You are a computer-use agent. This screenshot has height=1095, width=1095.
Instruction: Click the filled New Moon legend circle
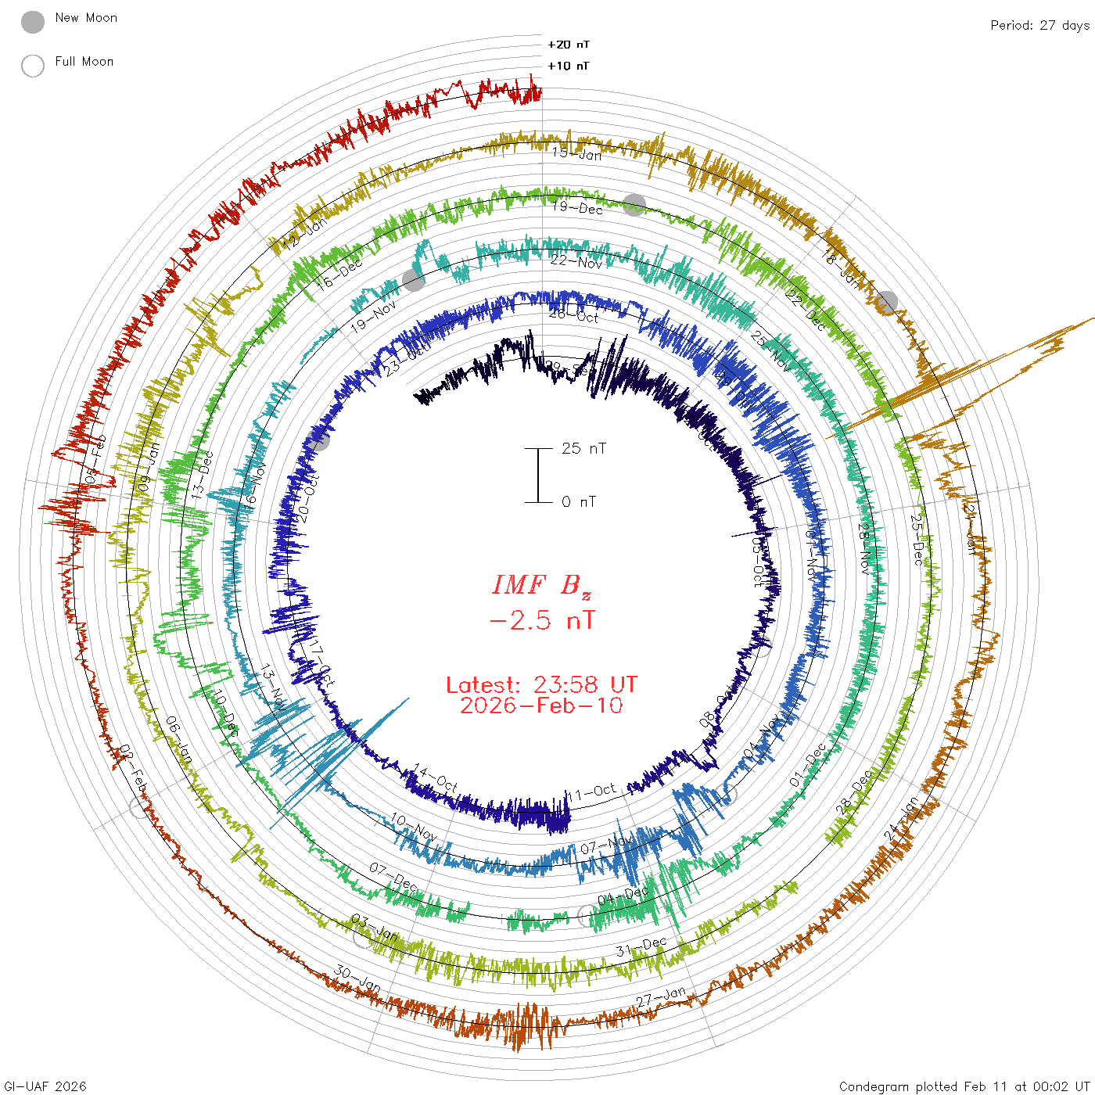33,22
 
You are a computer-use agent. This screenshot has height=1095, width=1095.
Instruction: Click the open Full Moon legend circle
33,66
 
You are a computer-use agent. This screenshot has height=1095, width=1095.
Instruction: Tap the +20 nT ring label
569,45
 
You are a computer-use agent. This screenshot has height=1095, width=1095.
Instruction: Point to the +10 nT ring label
569,66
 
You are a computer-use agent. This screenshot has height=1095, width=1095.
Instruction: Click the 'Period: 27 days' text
1039,25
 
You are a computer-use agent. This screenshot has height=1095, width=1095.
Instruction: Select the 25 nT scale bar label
583,448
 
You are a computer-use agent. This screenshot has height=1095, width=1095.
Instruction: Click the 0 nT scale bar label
579,501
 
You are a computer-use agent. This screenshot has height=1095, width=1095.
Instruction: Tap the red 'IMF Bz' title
541,585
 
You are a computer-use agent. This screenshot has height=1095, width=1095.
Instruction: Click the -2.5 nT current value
541,621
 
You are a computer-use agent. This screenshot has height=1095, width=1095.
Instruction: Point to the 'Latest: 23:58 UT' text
541,685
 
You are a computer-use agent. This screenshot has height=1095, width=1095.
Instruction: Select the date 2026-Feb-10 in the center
541,705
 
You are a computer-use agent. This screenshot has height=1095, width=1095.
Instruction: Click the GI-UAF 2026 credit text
45,1086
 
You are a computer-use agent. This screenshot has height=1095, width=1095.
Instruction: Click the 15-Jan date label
577,153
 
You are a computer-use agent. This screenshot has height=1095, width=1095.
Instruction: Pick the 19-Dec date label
577,207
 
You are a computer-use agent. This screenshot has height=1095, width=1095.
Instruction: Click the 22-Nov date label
576,261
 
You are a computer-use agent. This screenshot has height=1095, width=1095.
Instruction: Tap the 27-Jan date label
661,997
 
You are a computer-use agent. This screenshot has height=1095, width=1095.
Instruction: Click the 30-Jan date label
357,978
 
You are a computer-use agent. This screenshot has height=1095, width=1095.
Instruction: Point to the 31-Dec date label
641,947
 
